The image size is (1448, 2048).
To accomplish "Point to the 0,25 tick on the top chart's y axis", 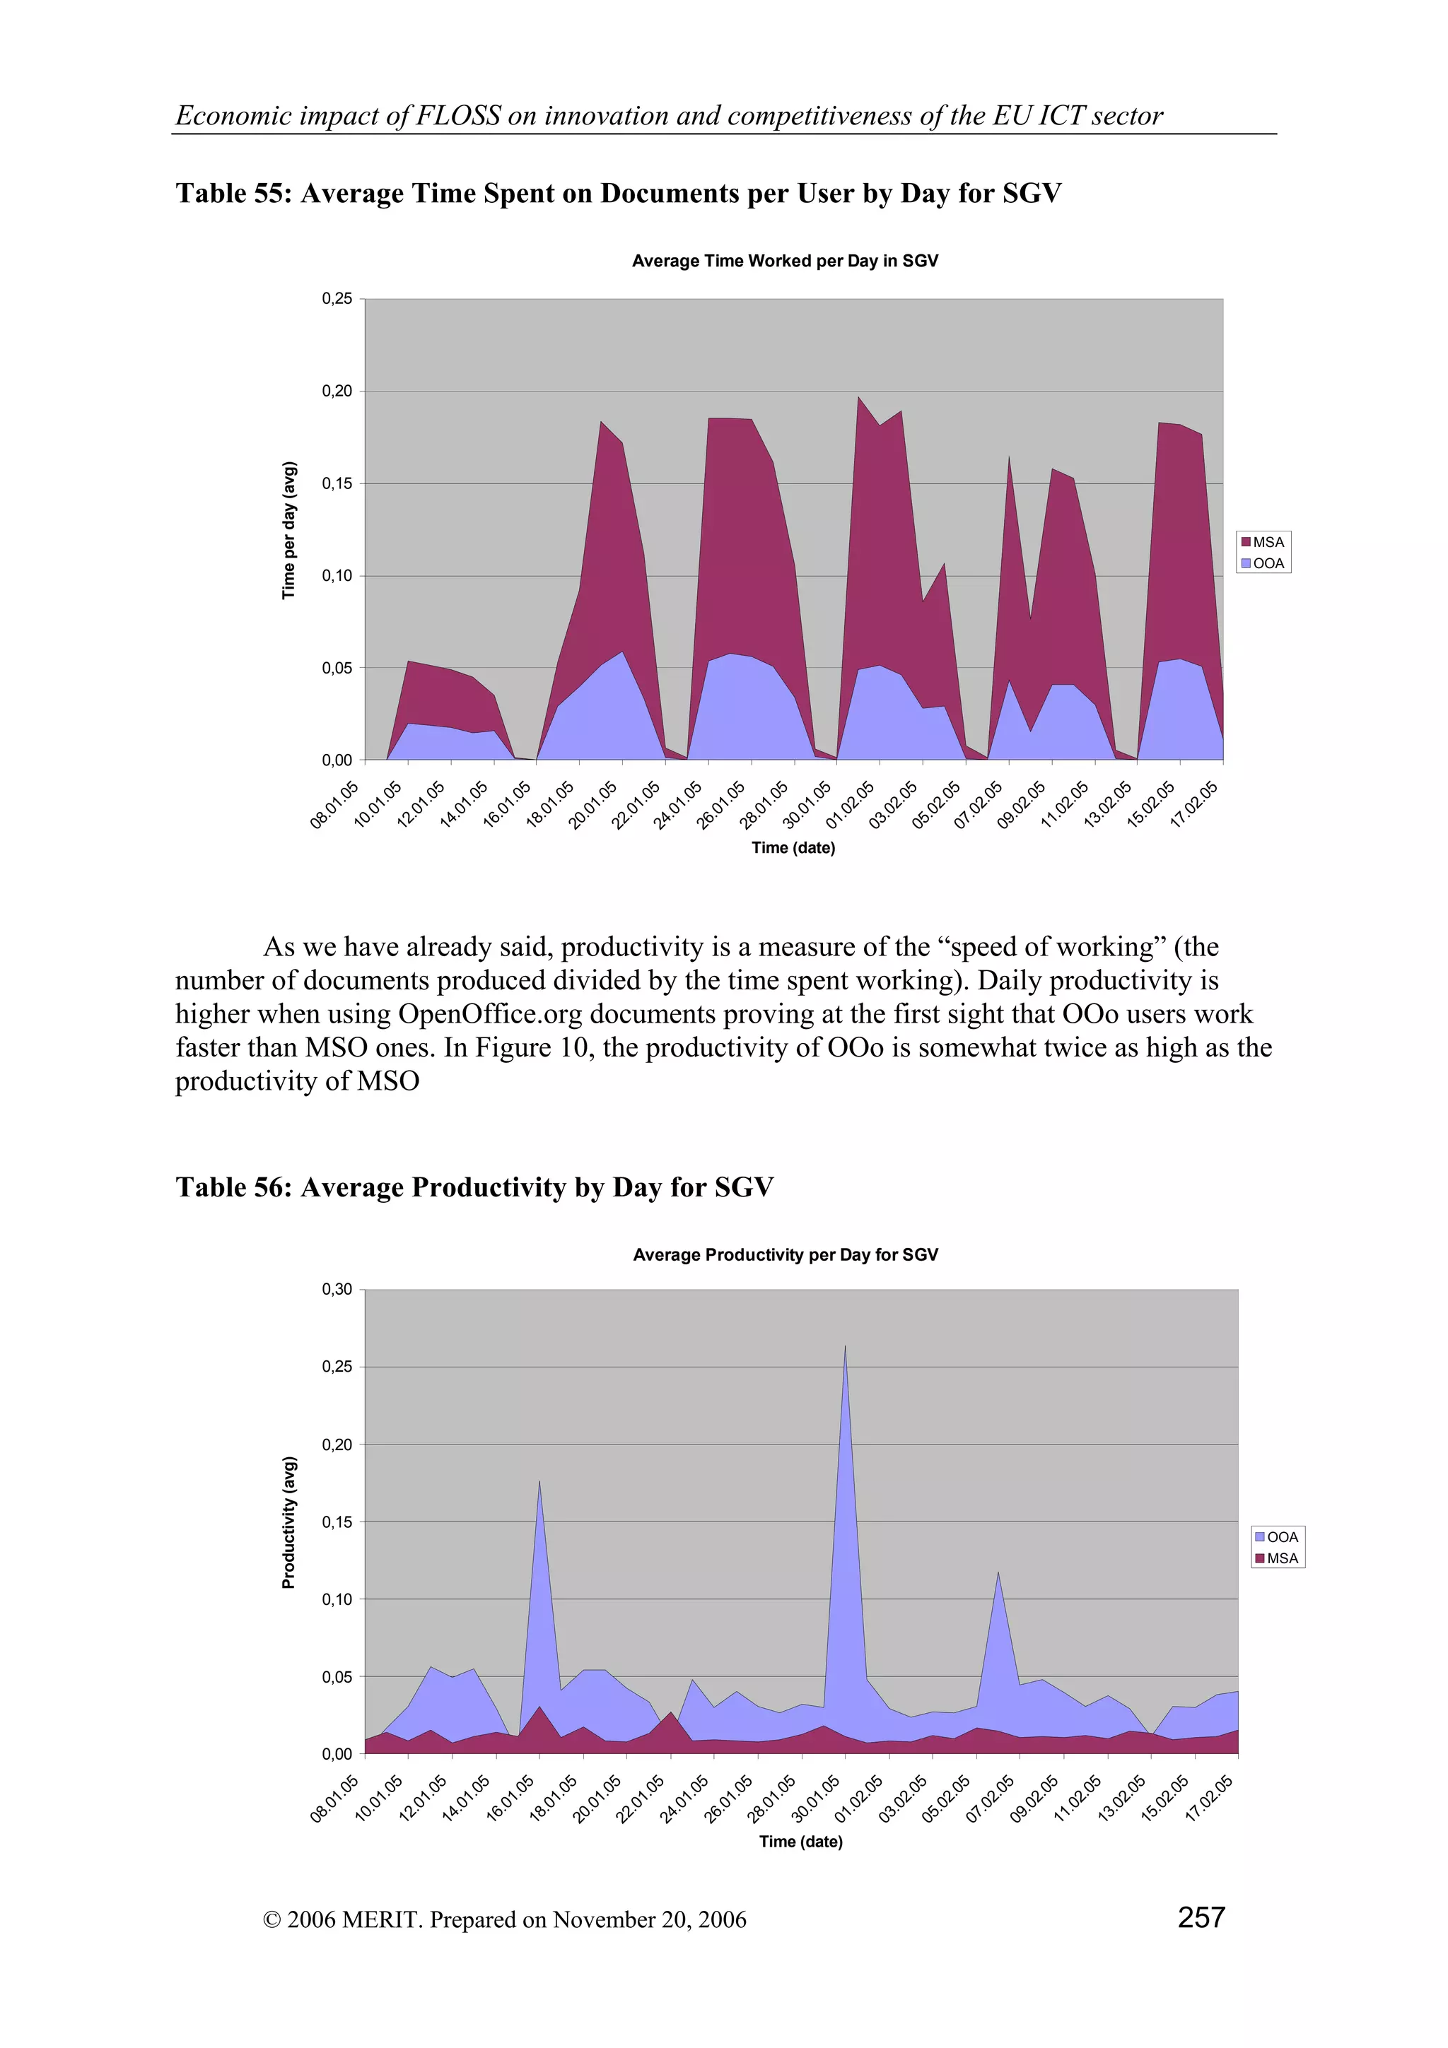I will (337, 299).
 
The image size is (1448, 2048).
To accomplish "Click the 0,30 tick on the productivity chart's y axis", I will (337, 1289).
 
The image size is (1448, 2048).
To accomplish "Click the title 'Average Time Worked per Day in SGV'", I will (785, 261).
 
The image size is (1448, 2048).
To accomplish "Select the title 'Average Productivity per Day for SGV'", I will (785, 1254).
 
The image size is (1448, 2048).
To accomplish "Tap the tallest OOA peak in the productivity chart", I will (845, 1348).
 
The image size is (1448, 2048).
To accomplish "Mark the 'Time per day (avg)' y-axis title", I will (288, 530).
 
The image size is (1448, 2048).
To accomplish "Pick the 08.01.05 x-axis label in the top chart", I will (334, 804).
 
